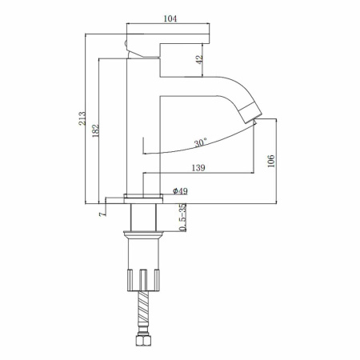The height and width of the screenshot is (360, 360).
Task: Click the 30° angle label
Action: (x=200, y=143)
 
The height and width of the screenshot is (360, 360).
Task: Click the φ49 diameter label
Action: (x=180, y=191)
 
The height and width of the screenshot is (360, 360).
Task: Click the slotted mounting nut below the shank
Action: (x=144, y=281)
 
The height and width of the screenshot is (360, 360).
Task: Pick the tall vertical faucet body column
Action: (x=144, y=120)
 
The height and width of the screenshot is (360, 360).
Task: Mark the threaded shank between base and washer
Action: (x=144, y=216)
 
